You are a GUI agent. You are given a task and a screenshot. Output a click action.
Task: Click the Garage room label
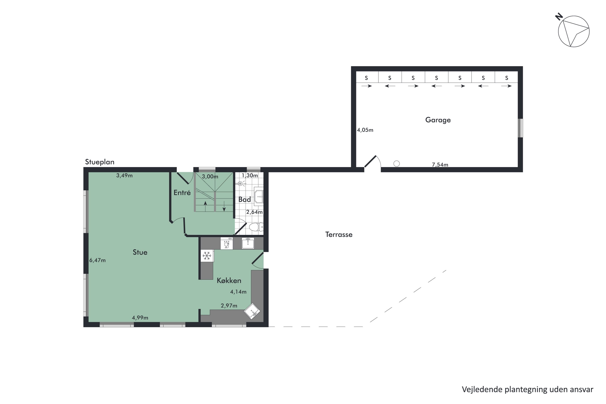(438, 120)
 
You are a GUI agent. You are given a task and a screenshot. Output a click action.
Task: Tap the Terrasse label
(339, 235)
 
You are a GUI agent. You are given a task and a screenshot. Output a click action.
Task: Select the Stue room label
(140, 252)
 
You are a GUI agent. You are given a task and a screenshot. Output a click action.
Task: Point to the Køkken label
(229, 281)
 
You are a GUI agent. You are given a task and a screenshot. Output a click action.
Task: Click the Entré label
(182, 193)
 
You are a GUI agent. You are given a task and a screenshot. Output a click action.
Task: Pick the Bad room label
(244, 199)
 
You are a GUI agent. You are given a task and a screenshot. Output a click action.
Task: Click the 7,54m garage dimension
(440, 165)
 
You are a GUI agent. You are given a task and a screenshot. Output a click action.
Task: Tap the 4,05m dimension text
(365, 130)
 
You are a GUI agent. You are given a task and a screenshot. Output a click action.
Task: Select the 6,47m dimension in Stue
(97, 260)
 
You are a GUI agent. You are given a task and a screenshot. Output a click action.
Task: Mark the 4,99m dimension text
(140, 318)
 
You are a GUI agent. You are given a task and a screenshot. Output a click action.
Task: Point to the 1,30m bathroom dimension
(249, 176)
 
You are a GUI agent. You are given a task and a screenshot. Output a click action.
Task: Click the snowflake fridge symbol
(207, 256)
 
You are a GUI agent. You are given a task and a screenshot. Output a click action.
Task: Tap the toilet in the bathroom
(255, 227)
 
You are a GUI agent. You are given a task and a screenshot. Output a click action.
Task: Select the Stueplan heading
(99, 162)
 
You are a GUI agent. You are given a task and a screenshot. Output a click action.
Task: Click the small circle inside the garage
(397, 164)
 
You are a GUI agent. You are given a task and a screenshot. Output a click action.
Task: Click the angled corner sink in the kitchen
(252, 311)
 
